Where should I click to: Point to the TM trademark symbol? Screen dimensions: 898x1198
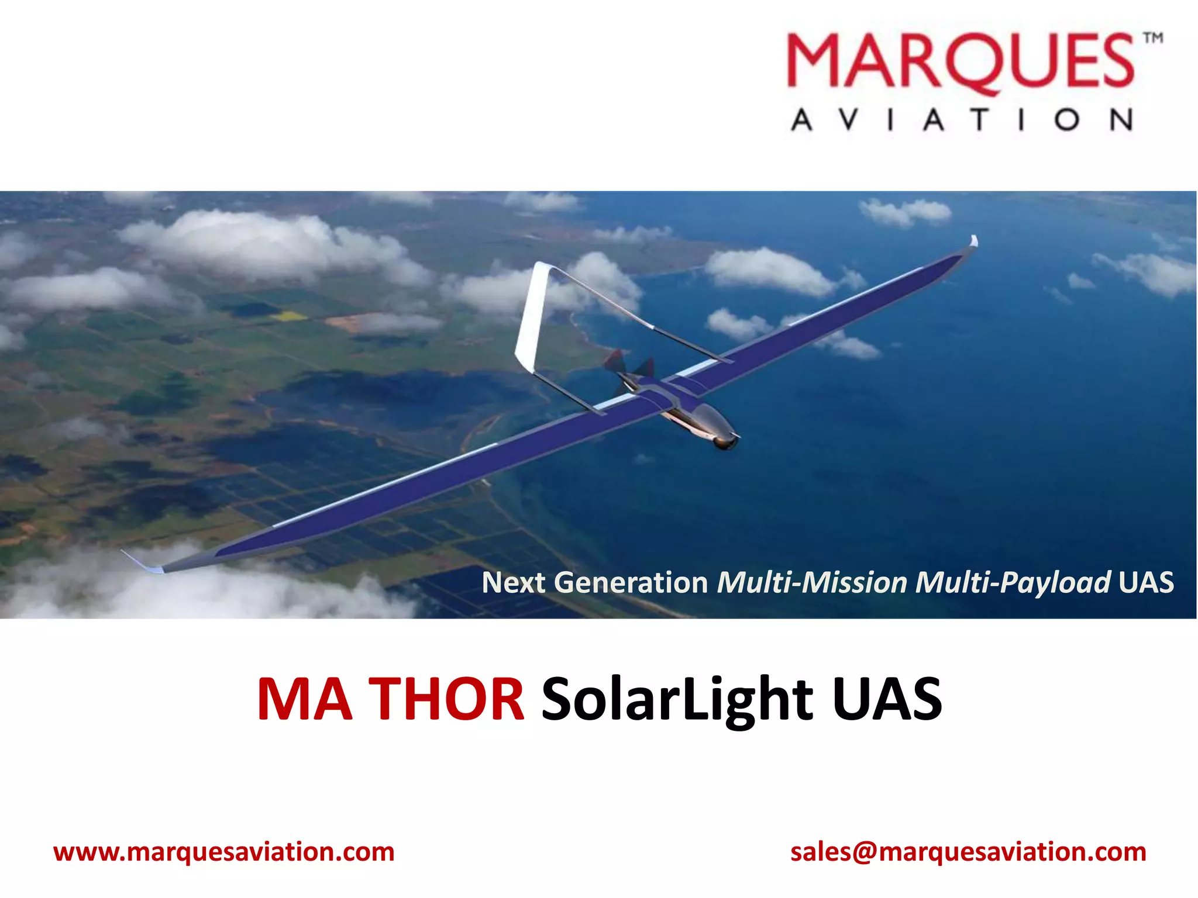point(1153,39)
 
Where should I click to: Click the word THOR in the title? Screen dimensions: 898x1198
point(448,699)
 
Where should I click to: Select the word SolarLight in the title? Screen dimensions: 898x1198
point(677,699)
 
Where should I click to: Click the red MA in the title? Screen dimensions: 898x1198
point(305,699)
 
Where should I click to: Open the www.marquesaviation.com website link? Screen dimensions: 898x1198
point(224,852)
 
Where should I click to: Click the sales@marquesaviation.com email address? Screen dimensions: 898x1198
point(968,852)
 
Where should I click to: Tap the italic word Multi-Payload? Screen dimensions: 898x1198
point(1013,582)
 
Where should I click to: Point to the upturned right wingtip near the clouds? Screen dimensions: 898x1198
point(973,241)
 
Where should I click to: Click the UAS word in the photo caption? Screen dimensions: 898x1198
point(1146,582)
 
